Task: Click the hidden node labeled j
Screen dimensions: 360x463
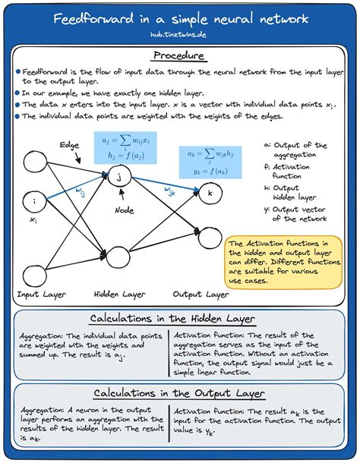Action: [x=118, y=177]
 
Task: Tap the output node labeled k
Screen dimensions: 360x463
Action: [x=210, y=194]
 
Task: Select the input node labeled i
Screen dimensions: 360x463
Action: [x=34, y=201]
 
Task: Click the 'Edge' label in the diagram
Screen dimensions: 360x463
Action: [x=71, y=144]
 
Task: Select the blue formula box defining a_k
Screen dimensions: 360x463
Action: [x=205, y=162]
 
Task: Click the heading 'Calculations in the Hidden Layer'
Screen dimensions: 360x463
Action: [x=179, y=318]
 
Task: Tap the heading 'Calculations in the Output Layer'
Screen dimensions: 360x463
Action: [x=179, y=393]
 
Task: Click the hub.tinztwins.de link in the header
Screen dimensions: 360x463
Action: [x=179, y=33]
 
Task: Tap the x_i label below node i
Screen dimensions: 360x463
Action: [x=33, y=220]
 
